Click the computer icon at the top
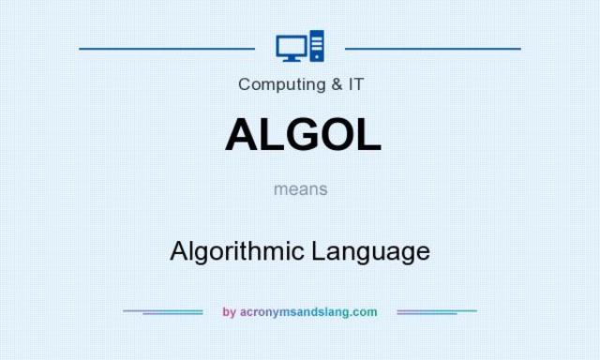[x=300, y=47]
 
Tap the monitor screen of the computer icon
[x=291, y=45]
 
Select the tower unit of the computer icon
[x=316, y=47]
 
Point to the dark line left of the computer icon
[x=167, y=47]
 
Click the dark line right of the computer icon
[x=432, y=47]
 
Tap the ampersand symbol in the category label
[x=335, y=84]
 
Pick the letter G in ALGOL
[x=301, y=135]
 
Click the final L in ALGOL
[x=368, y=135]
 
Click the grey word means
[x=301, y=188]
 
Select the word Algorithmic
[x=238, y=251]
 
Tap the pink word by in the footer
[x=229, y=312]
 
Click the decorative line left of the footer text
[x=163, y=311]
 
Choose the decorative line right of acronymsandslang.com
[x=437, y=311]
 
